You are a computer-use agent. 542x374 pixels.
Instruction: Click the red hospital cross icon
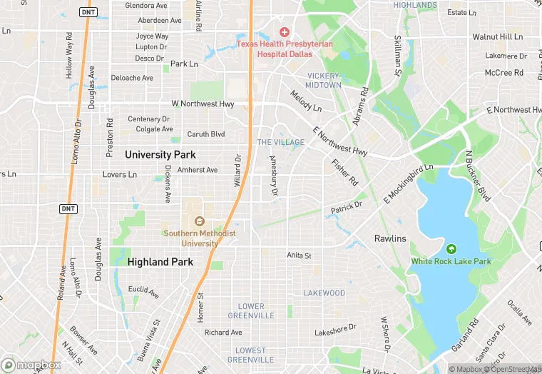(x=285, y=32)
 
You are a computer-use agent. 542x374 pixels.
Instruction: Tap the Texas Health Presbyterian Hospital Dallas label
(x=285, y=48)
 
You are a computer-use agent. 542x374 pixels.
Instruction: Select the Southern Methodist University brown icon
(x=199, y=221)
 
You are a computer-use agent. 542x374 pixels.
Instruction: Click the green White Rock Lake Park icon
(x=451, y=249)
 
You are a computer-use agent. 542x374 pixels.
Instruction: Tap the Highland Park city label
(x=160, y=262)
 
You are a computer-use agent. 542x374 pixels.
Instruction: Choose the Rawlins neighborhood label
(x=390, y=238)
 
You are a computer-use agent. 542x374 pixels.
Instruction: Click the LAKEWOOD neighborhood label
(x=324, y=293)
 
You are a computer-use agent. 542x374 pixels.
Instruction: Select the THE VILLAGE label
(x=280, y=143)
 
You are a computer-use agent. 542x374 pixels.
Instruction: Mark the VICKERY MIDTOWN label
(x=324, y=80)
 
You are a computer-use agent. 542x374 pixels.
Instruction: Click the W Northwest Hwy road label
(x=202, y=104)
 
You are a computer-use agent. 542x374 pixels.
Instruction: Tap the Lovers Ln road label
(x=119, y=174)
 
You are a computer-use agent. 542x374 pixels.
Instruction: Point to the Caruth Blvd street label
(x=205, y=134)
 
